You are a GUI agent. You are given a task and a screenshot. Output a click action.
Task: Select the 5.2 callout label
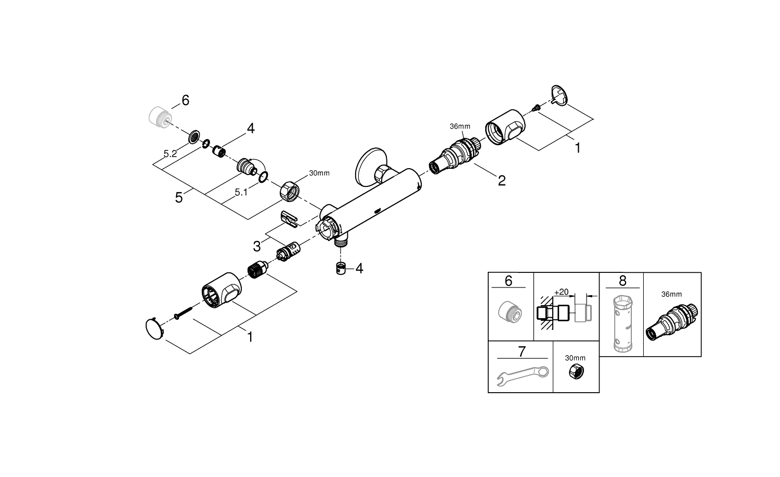170,154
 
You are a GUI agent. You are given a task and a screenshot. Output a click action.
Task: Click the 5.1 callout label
241,192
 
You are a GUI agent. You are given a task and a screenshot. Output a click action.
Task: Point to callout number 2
501,180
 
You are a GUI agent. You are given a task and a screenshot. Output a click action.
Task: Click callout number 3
257,246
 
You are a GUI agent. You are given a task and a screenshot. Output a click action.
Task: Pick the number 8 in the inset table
622,281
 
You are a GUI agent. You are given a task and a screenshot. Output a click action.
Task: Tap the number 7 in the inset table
522,352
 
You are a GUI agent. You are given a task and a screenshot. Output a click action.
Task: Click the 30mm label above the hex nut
319,173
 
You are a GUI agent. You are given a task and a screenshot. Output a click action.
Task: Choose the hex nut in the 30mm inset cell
575,372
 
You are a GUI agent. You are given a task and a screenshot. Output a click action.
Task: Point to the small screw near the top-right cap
536,108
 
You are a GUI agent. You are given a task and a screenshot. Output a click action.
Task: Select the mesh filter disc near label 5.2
194,137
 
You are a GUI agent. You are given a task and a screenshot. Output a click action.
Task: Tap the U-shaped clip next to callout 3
289,218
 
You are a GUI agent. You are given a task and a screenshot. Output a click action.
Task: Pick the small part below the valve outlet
341,269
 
